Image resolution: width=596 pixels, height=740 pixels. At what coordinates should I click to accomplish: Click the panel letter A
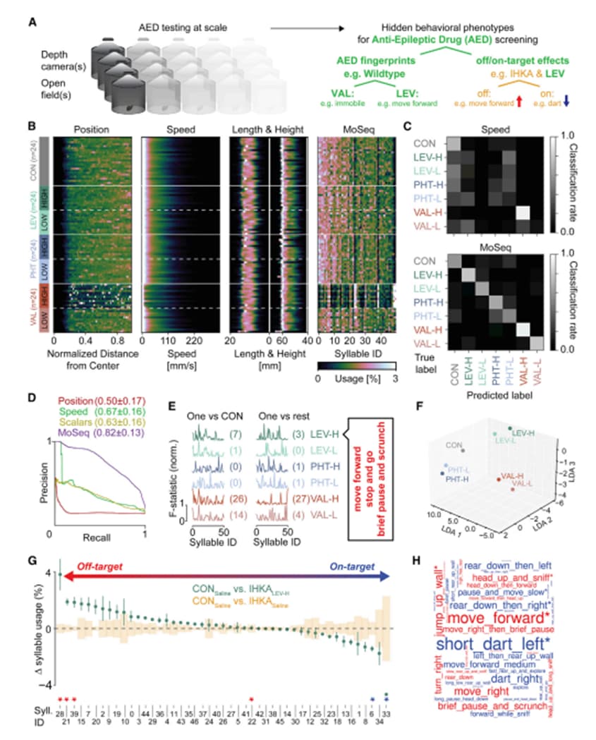click(x=32, y=22)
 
